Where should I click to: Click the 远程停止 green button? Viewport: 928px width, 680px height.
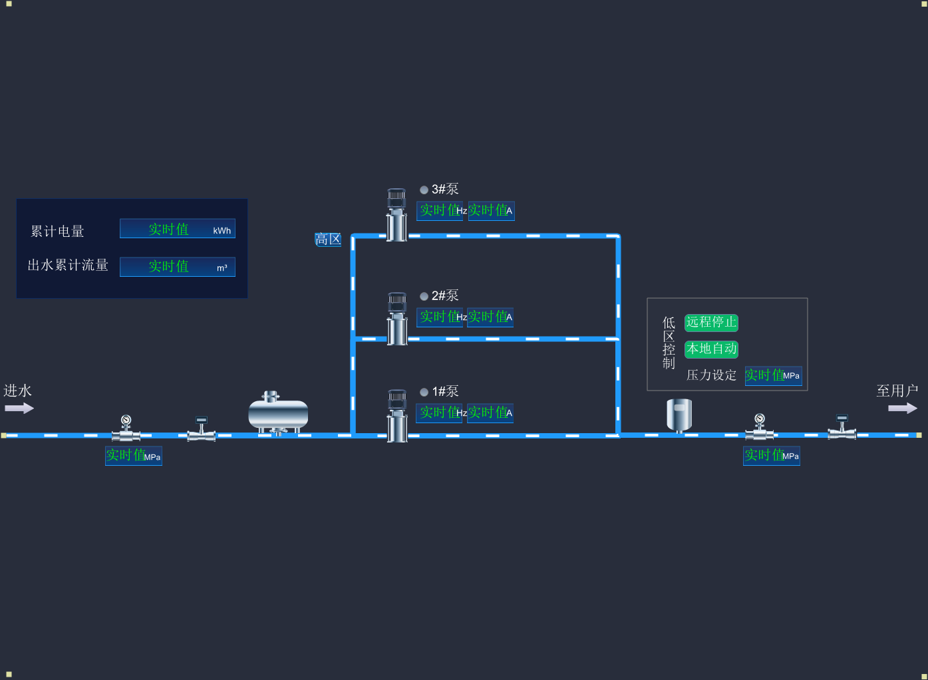click(x=711, y=323)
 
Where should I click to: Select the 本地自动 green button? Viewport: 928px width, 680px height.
click(x=711, y=349)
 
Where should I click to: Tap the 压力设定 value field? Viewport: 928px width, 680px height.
click(x=772, y=376)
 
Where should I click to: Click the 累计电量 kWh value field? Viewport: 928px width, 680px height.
click(x=177, y=229)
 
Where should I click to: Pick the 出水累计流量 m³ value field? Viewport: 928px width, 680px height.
click(x=177, y=267)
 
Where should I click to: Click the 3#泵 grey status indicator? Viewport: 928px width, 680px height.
click(x=424, y=190)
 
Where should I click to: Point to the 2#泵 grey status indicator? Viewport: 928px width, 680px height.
click(x=424, y=297)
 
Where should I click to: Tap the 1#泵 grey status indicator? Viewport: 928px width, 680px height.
click(x=424, y=393)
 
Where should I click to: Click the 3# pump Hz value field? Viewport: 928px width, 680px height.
click(x=440, y=211)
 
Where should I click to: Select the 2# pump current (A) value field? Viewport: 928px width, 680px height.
click(x=490, y=317)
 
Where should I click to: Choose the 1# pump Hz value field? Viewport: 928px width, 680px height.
click(x=440, y=413)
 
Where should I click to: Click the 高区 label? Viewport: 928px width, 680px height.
click(x=328, y=240)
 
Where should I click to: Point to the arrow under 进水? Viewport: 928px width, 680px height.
click(x=19, y=408)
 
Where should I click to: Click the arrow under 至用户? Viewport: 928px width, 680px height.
click(x=903, y=408)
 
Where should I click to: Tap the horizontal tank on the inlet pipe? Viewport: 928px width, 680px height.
click(x=278, y=414)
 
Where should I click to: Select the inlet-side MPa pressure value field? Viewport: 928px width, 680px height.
click(x=133, y=456)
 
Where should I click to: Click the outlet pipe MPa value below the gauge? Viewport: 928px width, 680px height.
click(x=772, y=456)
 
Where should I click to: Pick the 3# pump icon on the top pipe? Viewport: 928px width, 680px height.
click(x=397, y=214)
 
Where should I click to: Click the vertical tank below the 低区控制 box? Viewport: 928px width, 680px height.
click(x=679, y=415)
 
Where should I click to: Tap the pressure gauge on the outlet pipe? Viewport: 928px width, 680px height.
click(x=759, y=426)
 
